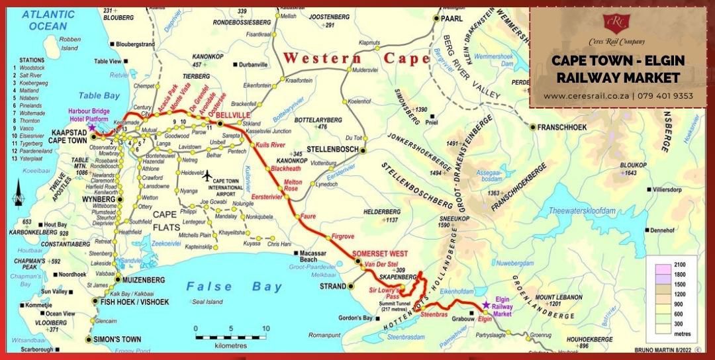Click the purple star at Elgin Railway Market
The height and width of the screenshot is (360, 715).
coord(487,304)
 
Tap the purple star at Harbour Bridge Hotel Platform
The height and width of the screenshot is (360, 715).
coord(92,126)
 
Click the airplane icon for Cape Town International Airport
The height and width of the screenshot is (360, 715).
coord(207,176)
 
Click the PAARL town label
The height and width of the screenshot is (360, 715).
coord(452,19)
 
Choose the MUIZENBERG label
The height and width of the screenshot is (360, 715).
coord(146,280)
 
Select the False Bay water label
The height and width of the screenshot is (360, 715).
coord(224,287)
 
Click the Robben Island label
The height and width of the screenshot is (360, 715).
coord(70,44)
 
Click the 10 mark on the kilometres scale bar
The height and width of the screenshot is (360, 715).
coord(265,328)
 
